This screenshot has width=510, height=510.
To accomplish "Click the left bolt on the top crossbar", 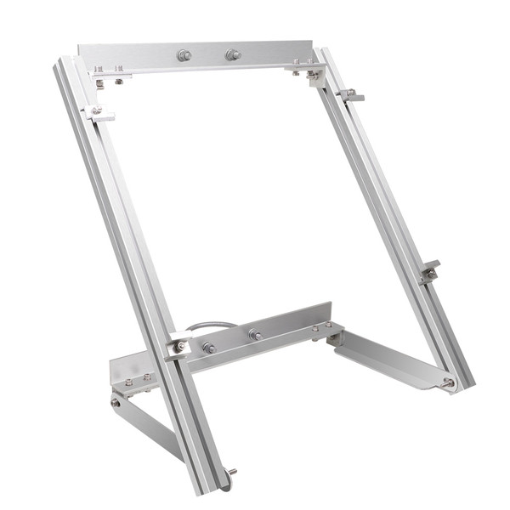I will (184, 56).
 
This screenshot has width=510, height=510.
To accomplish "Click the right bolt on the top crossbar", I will (231, 55).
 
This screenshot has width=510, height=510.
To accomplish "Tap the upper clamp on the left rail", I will (97, 113).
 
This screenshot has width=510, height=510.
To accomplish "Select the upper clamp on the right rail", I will (350, 93).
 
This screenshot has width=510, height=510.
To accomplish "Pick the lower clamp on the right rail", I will (430, 270).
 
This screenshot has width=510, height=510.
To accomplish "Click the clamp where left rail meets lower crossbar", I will (179, 346).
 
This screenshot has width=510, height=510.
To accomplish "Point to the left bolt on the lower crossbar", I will (208, 347).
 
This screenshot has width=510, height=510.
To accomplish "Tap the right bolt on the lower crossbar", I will (254, 334).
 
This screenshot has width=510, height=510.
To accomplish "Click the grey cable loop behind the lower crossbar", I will (207, 325).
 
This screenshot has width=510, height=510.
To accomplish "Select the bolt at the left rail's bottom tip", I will (232, 472).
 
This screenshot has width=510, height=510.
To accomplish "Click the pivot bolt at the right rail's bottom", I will (447, 383).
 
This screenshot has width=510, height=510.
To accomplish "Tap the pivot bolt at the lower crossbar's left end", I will (116, 402).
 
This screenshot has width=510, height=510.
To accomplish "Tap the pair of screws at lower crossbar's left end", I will (137, 379).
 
